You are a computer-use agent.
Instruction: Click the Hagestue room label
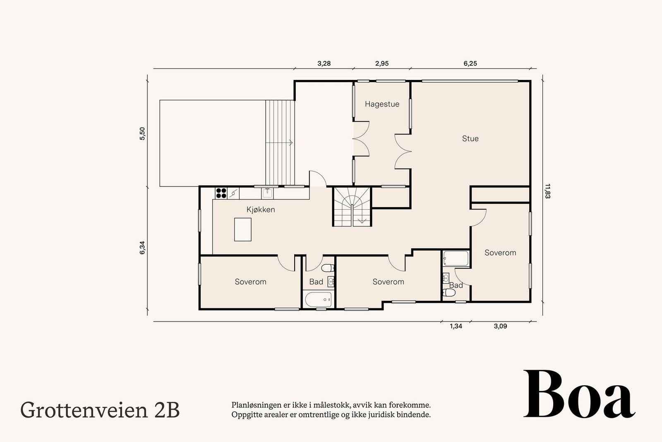coord(382,104)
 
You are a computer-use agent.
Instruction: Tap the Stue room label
coord(470,139)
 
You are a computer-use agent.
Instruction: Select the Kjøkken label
coord(261,210)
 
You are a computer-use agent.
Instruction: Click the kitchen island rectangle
coord(243,229)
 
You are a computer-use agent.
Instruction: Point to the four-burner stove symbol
coord(221,193)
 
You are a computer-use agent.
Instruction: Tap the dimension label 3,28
coord(324,64)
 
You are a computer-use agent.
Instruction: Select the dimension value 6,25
coord(470,64)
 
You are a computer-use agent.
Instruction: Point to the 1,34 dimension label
coord(456,326)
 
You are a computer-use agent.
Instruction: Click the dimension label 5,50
coord(142,134)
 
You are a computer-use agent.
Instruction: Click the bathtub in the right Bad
coord(456,259)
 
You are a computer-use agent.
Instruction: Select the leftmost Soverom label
coord(250,282)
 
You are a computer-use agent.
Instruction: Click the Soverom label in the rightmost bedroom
coord(500,253)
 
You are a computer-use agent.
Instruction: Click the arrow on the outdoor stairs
coord(290,143)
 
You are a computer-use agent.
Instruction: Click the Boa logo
coord(579,394)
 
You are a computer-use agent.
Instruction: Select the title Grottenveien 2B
coord(100,410)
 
